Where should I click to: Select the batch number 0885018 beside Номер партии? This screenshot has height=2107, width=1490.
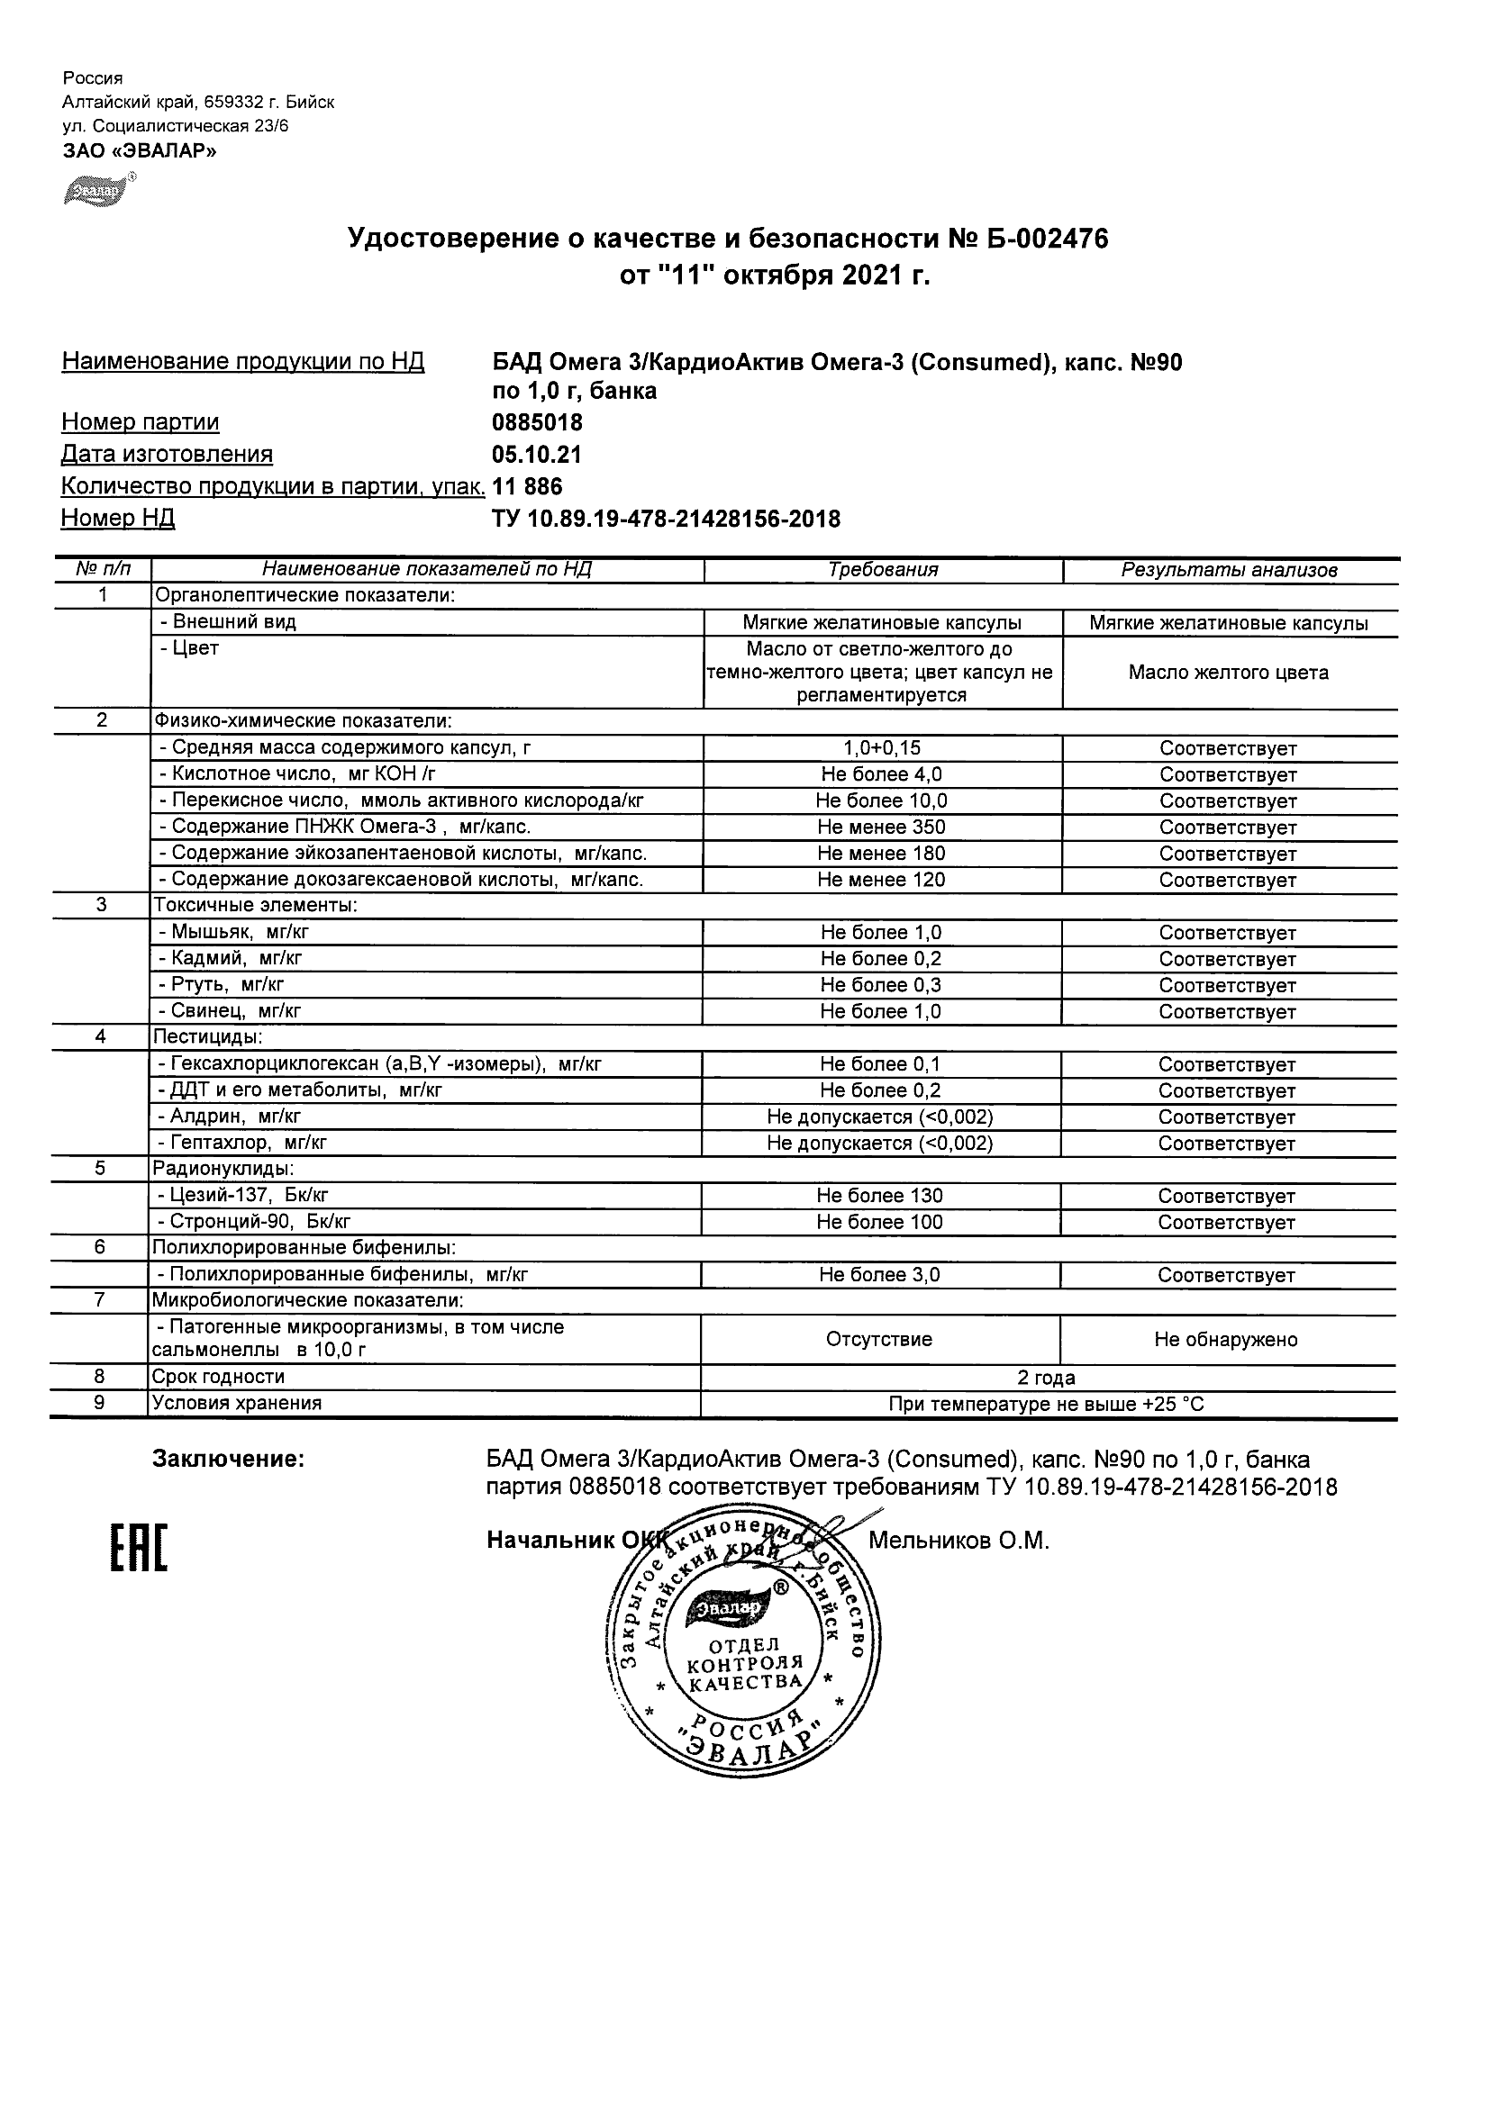click(x=537, y=423)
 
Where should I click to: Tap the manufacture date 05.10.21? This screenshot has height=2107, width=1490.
click(x=537, y=456)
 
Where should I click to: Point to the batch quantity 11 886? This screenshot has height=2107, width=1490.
click(x=527, y=486)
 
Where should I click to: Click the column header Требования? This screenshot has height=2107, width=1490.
click(x=882, y=570)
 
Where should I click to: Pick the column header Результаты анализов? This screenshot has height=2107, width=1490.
click(x=1229, y=570)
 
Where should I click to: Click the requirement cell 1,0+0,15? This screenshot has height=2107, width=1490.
click(x=881, y=749)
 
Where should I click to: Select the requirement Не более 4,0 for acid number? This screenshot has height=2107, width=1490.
click(x=881, y=774)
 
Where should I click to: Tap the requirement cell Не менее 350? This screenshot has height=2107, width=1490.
click(x=881, y=827)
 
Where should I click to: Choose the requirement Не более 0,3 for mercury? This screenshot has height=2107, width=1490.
click(x=881, y=986)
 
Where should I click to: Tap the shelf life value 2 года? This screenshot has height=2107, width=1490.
click(x=1047, y=1378)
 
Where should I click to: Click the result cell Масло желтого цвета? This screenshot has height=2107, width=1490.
click(x=1229, y=673)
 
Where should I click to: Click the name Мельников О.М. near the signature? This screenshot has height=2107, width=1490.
click(x=959, y=1541)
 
